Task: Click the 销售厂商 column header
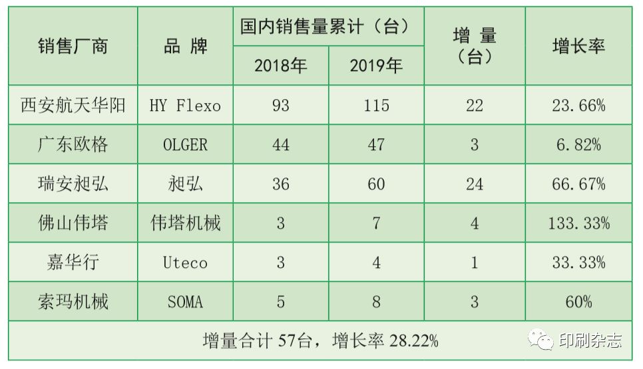[x=73, y=46]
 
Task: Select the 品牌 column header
[x=186, y=46]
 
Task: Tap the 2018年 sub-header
[x=280, y=66]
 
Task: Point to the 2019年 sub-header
[x=376, y=66]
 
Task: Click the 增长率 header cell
[x=578, y=46]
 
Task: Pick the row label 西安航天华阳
[x=73, y=105]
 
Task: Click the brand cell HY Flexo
[x=186, y=106]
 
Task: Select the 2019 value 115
[x=376, y=106]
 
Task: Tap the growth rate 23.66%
[x=578, y=106]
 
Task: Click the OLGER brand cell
[x=186, y=145]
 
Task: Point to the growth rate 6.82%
[x=578, y=145]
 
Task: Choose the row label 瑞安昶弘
[x=73, y=184]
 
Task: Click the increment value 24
[x=475, y=184]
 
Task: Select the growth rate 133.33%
[x=578, y=223]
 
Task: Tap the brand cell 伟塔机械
[x=186, y=223]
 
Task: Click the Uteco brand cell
[x=186, y=263]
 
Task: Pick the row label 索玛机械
[x=73, y=302]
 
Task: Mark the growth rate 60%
[x=578, y=302]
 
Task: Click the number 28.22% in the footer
[x=413, y=342]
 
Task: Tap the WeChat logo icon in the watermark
[x=541, y=340]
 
